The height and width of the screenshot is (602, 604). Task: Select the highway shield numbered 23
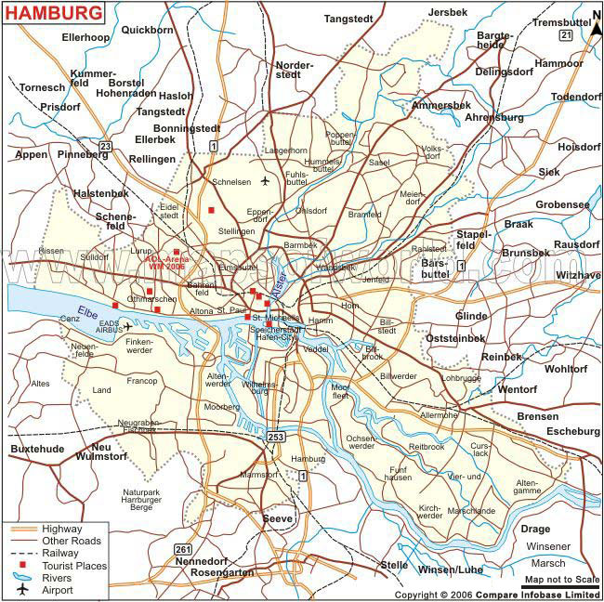[106, 146]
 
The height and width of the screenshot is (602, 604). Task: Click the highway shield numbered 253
[275, 436]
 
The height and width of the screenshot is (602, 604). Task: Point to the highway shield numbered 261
[183, 549]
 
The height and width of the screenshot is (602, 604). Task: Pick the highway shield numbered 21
[566, 34]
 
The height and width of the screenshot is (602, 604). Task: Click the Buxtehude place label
[37, 448]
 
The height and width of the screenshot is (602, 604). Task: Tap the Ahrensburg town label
[494, 118]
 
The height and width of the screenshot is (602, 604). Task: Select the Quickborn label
[147, 29]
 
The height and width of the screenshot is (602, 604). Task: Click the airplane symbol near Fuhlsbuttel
[266, 181]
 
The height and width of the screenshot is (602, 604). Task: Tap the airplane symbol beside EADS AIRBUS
[128, 326]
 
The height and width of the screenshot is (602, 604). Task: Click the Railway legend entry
[61, 553]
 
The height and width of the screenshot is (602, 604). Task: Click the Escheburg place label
[572, 431]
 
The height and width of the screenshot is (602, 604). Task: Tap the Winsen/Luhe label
[452, 569]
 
